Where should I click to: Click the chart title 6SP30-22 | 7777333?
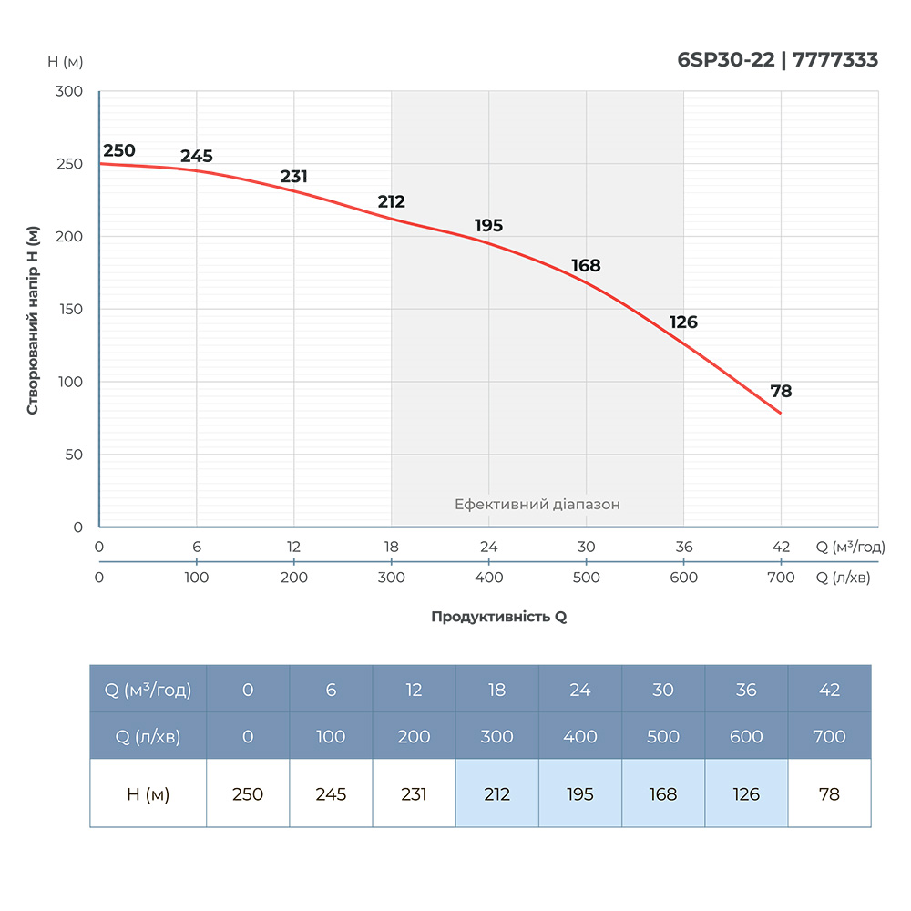click(x=777, y=60)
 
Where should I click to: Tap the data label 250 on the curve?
click(x=118, y=150)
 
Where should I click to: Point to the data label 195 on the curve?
click(x=488, y=226)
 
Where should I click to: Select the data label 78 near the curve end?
click(x=781, y=392)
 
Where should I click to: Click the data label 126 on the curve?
click(x=683, y=322)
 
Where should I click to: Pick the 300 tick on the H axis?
click(x=70, y=91)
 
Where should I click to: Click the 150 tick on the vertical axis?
click(x=70, y=310)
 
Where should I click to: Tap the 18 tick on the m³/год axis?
click(x=391, y=548)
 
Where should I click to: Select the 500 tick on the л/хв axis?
click(x=586, y=578)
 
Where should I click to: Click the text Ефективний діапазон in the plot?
click(x=537, y=504)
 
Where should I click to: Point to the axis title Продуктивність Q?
click(x=498, y=617)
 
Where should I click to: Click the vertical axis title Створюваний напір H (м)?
click(x=33, y=320)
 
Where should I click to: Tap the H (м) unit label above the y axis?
click(x=65, y=62)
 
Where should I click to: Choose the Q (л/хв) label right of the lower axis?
click(x=843, y=578)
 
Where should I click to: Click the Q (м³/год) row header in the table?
click(x=148, y=690)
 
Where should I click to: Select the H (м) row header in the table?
click(x=148, y=794)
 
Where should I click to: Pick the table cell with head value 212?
click(x=496, y=794)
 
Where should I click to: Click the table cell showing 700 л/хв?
click(x=829, y=736)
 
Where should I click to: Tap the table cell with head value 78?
click(x=829, y=794)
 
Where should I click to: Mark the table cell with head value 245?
click(x=331, y=794)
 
